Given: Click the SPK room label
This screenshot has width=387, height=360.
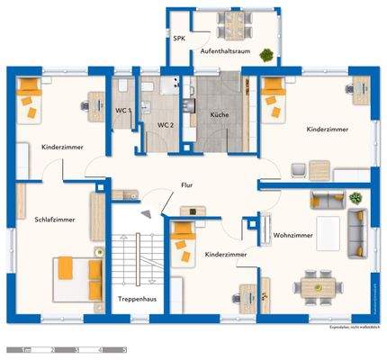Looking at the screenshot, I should (x=178, y=40).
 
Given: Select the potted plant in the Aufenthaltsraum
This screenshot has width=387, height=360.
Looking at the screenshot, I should (x=266, y=55).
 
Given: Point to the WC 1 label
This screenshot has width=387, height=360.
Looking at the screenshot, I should (x=123, y=110).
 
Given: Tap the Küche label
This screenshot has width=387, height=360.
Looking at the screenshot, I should (x=219, y=115).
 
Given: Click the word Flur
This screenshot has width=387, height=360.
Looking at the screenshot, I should (x=186, y=184).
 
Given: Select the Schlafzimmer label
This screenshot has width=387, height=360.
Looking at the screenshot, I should (x=55, y=219).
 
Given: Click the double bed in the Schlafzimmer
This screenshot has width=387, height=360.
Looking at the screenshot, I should (x=76, y=275).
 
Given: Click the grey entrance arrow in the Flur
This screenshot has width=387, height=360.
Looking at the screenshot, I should (x=146, y=212).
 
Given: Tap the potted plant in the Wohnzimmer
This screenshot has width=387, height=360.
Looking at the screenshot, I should (x=358, y=196).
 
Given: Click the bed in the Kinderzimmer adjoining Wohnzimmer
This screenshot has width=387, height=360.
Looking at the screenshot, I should (x=183, y=240).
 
